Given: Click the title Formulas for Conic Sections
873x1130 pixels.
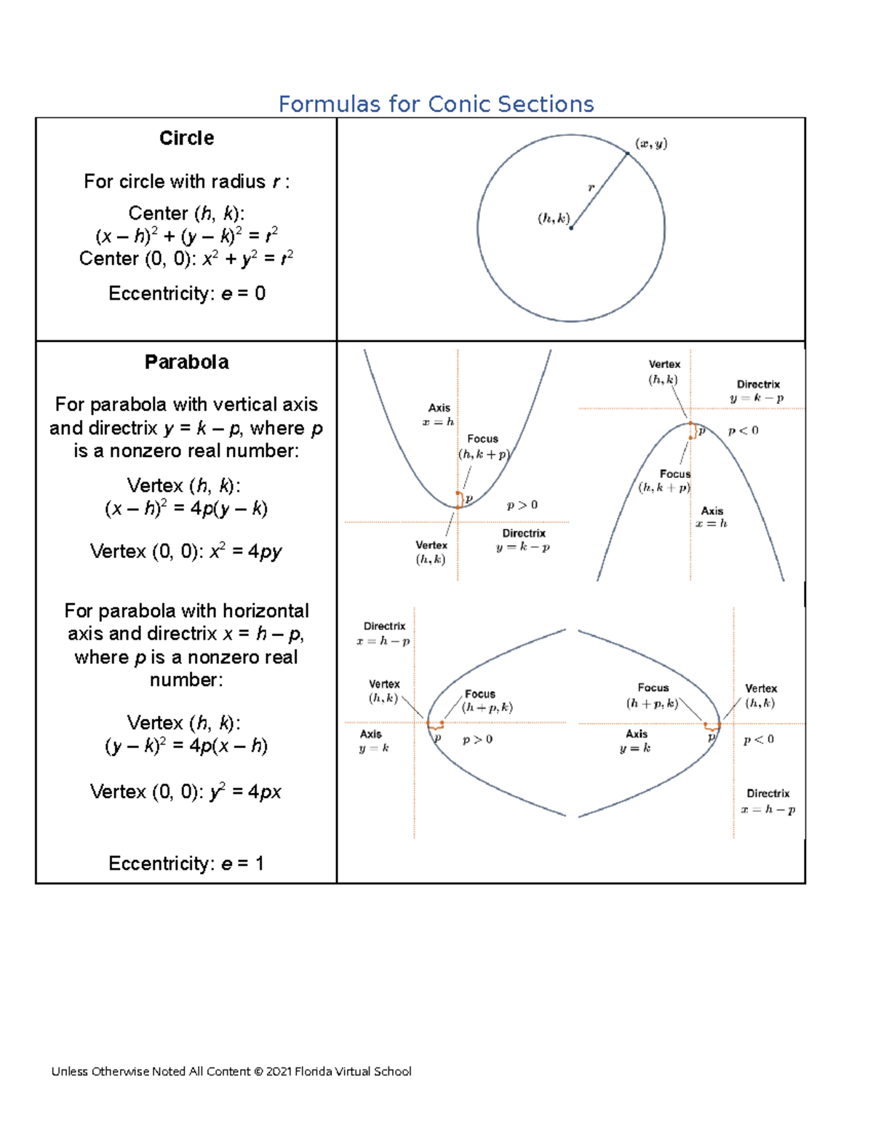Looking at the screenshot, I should pos(436,104).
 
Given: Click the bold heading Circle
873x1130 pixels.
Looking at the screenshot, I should pos(186,138).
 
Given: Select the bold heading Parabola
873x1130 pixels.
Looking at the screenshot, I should pos(186,362).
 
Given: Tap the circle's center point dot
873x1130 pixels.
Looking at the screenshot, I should pos(571,228).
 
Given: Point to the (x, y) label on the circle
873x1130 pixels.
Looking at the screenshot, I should pos(651,143).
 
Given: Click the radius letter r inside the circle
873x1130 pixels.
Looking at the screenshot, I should pos(591,188).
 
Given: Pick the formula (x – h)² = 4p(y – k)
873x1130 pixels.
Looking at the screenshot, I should pos(186,508).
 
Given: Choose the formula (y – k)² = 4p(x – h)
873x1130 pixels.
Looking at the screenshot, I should pos(186,746).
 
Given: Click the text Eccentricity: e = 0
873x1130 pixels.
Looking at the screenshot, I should pos(186,293).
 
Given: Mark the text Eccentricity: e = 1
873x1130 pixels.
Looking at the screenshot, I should pos(186,863).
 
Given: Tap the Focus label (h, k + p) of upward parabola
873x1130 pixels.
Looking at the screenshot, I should pos(484,447).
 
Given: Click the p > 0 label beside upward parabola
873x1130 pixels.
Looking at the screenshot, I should pos(522,504).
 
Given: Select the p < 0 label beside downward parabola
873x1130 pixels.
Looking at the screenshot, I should pos(743,430).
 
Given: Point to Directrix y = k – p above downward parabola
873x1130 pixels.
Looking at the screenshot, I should pos(757,391).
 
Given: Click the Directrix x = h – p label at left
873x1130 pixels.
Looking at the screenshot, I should pos(383,634).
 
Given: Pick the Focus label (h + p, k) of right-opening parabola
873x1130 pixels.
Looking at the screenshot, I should pos(486,701).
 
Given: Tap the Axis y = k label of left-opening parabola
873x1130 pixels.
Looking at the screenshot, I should pos(636,741).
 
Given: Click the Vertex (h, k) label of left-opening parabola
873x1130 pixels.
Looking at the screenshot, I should pos(760,696).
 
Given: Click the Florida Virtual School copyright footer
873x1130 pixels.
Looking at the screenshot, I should pos(231,1071).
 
